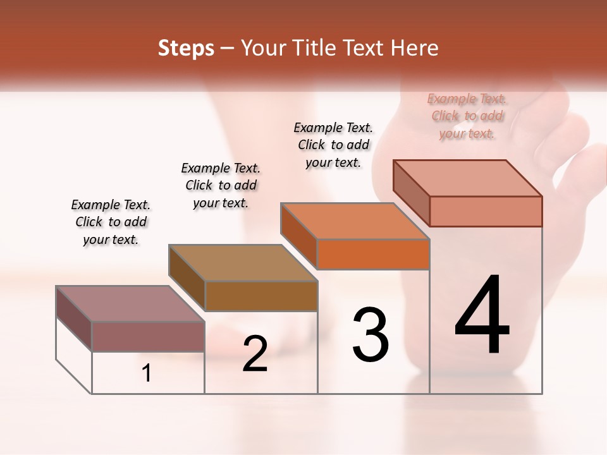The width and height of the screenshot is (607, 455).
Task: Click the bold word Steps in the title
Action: (x=186, y=48)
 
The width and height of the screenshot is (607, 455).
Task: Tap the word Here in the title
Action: (x=414, y=48)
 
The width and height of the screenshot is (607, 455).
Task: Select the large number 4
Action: (x=482, y=316)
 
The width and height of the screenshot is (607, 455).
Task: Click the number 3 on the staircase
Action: (x=371, y=335)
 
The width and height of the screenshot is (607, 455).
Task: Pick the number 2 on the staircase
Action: (x=255, y=354)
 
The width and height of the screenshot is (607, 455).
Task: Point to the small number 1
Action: (x=147, y=373)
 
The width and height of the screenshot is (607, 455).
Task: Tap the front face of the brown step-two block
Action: (x=261, y=296)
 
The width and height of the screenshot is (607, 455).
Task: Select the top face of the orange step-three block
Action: (x=354, y=221)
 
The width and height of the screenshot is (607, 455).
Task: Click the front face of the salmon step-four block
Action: (x=486, y=211)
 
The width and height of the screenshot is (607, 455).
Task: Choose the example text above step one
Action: (x=111, y=222)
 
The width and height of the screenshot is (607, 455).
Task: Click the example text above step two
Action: (x=221, y=185)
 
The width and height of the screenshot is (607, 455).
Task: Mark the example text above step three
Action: (x=333, y=145)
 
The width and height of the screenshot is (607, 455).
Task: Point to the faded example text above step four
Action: (x=467, y=116)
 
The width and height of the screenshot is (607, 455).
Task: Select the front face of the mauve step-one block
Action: (x=148, y=336)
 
